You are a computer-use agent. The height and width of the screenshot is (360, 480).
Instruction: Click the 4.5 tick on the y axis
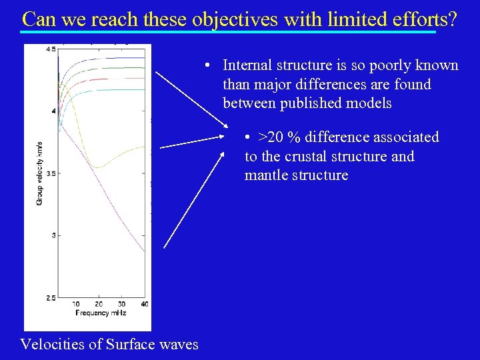coord(51,49)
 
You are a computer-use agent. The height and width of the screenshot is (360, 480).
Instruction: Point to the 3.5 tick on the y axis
coord(51,173)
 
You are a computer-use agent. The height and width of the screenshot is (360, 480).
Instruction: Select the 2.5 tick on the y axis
coord(51,297)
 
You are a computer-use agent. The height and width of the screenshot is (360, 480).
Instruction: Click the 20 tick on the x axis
coord(99,304)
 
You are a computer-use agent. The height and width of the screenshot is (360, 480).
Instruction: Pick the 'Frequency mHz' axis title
coord(101,313)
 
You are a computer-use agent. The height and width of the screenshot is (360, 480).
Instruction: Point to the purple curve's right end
coord(144,251)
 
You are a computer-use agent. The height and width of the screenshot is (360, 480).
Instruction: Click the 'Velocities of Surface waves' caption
coord(109,344)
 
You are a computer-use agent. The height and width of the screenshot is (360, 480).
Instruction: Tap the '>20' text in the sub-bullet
coord(270,137)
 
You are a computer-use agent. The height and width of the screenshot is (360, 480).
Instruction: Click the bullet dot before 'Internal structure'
coord(209,65)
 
